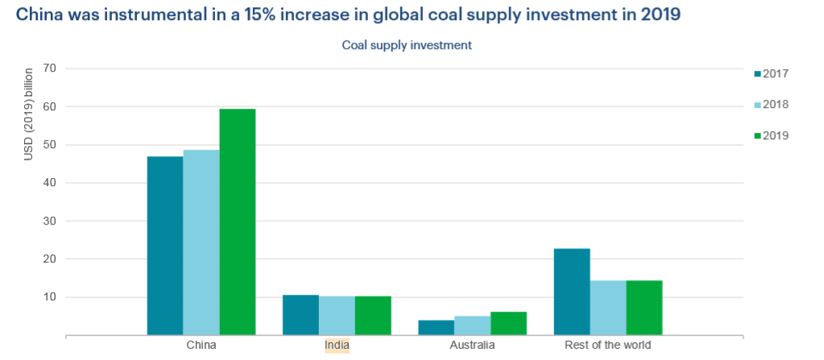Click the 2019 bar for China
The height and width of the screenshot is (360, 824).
238,221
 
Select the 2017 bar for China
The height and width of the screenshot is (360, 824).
165,246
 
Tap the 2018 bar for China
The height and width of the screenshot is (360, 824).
201,242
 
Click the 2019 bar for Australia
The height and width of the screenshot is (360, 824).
508,323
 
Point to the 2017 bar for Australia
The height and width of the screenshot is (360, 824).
436,327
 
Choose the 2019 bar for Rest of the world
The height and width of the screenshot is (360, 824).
644,308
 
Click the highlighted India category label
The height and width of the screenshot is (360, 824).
337,346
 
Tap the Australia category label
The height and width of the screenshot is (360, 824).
472,346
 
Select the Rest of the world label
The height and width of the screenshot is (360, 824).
608,346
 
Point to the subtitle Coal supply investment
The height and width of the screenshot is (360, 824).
407,45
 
